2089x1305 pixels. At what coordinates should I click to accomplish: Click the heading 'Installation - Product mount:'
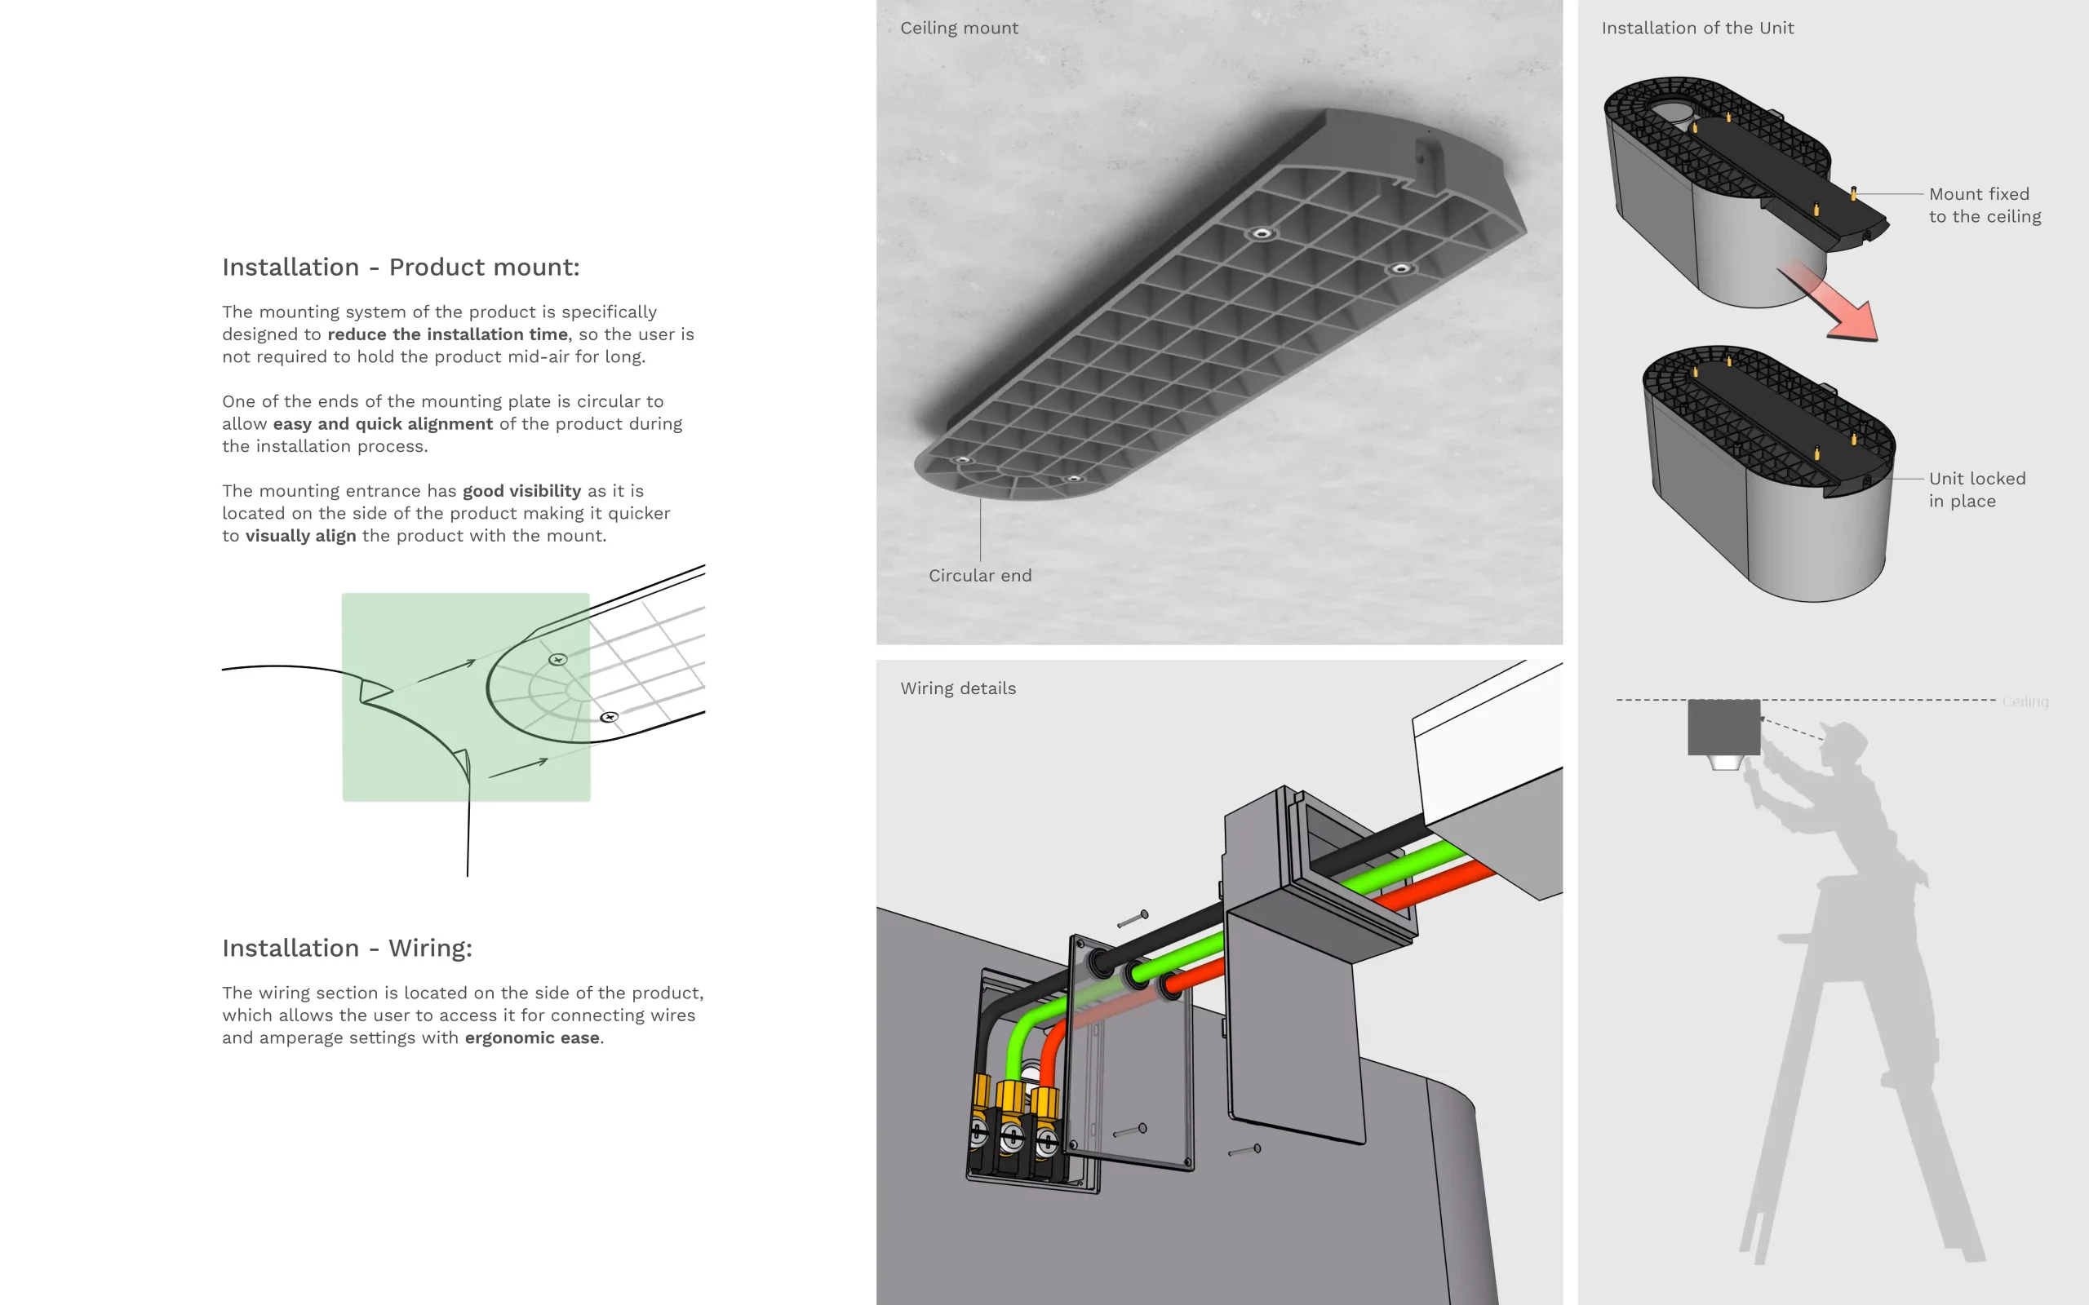(401, 268)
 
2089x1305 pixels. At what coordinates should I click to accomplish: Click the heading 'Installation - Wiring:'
(347, 949)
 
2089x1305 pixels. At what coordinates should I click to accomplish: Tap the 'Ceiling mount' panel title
(959, 29)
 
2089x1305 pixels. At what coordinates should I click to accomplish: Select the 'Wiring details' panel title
(958, 688)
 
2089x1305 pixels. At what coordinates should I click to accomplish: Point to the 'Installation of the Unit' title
(1697, 29)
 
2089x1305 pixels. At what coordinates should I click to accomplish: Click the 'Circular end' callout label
(980, 576)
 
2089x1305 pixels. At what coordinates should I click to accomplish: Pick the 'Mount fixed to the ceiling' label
(1985, 206)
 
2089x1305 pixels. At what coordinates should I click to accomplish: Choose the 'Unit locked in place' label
(1976, 490)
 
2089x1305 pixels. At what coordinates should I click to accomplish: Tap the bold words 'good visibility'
(522, 491)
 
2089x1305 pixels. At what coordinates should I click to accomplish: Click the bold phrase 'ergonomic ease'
(532, 1038)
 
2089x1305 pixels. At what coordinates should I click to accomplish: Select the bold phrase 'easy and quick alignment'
(383, 424)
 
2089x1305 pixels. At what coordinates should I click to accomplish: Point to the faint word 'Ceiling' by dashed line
(2025, 701)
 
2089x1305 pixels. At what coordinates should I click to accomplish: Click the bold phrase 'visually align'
(300, 536)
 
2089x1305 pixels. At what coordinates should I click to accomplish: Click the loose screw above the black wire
(1133, 918)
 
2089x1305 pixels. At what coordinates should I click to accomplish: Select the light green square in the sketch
(466, 697)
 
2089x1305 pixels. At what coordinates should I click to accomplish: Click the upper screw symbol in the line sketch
(558, 659)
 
